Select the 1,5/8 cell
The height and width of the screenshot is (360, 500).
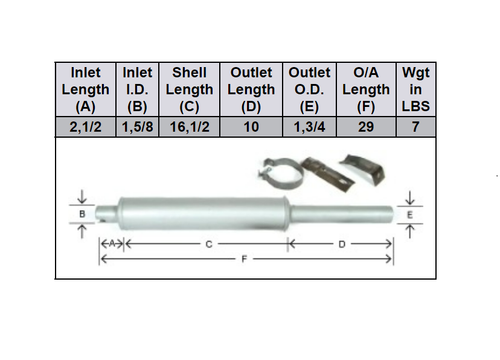[137, 127]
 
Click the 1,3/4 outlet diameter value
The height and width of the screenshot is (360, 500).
[308, 127]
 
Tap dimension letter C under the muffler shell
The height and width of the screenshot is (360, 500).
[206, 243]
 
